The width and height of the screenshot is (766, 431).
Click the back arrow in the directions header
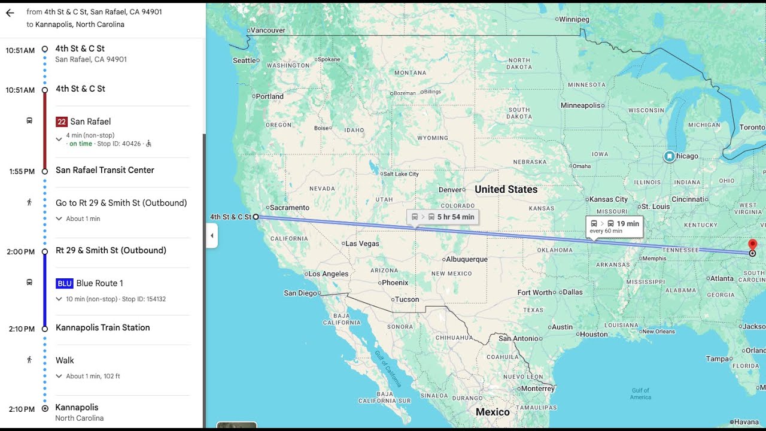pos(10,13)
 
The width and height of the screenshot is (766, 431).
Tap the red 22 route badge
pos(61,122)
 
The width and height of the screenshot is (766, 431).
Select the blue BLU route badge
pos(64,283)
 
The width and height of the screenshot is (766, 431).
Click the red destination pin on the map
pos(752,245)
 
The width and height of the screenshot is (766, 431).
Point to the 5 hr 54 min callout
pos(443,217)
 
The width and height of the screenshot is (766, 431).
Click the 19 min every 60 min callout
pos(615,226)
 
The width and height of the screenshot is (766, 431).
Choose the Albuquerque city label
pos(467,259)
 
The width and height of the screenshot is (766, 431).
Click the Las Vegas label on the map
pos(362,244)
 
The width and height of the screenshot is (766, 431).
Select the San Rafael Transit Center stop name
pos(105,170)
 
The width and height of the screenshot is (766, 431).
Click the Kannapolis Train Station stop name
pos(102,327)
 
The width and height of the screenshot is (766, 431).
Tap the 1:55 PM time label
pos(22,171)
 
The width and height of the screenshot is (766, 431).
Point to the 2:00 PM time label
pos(21,252)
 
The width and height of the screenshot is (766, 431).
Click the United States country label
pos(506,189)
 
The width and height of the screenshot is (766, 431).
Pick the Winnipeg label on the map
pos(574,19)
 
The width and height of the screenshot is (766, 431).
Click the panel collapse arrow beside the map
pos(212,236)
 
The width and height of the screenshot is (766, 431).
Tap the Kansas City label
pos(609,199)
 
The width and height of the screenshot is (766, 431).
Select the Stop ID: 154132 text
pos(144,299)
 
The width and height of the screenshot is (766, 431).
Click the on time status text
pos(81,144)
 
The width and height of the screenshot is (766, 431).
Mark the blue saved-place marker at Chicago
pos(669,156)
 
